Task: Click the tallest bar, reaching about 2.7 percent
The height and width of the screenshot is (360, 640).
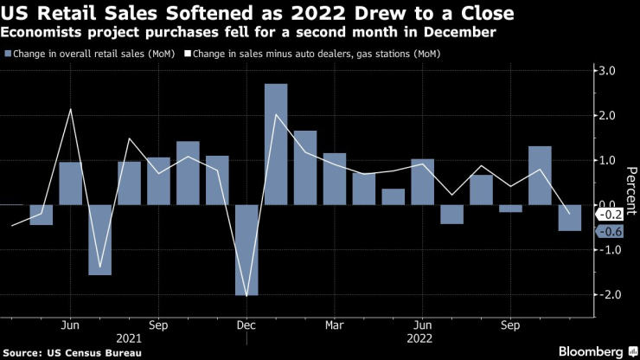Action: click(x=276, y=144)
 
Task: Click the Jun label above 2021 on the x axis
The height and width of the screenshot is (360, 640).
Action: click(x=70, y=325)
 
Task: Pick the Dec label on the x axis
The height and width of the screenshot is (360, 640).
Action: click(x=246, y=325)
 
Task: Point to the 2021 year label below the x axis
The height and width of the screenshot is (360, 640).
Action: click(x=129, y=338)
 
